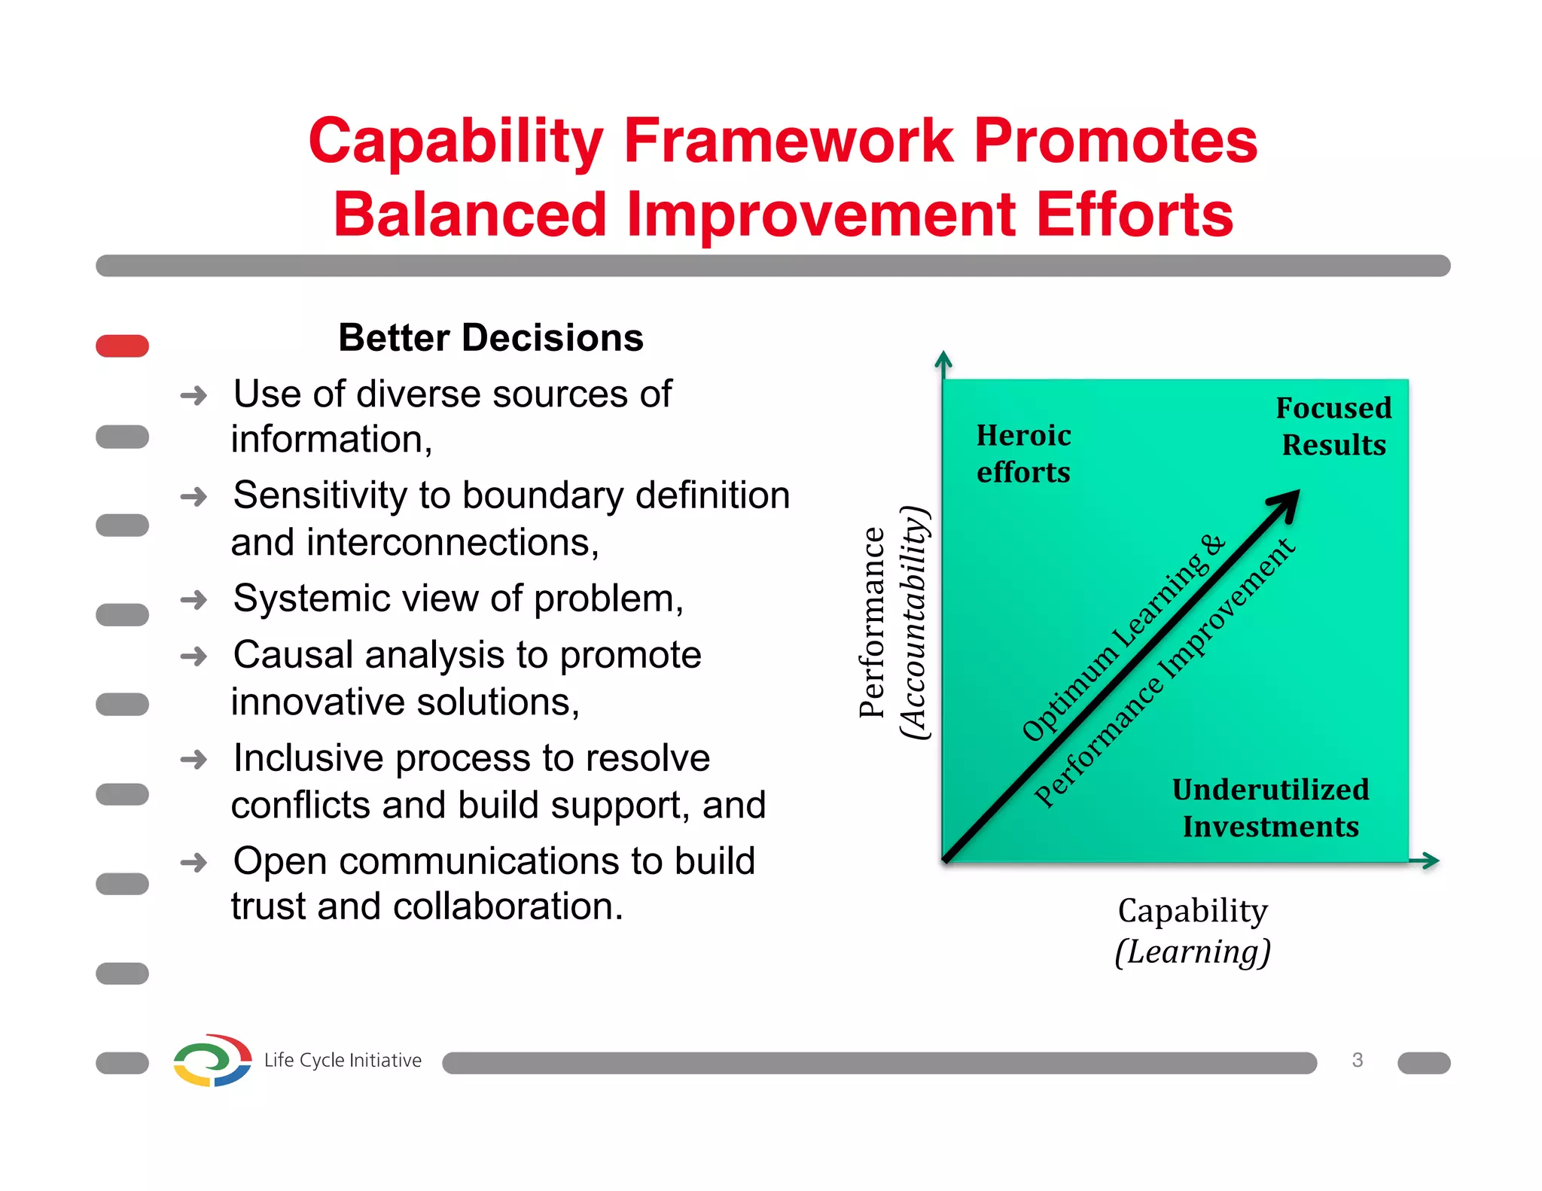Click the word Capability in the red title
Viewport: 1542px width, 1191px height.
pos(456,143)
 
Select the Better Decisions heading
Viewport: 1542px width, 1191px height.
pos(491,338)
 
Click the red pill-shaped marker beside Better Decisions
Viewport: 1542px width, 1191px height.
pos(122,346)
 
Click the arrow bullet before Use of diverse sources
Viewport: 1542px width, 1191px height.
pos(194,396)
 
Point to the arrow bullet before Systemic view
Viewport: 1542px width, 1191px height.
pos(194,600)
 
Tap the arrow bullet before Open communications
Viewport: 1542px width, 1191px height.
pos(194,863)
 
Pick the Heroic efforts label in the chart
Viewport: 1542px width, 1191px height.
pos(1023,453)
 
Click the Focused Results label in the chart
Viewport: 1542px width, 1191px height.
pos(1333,426)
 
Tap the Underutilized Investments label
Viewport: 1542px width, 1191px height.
pos(1270,808)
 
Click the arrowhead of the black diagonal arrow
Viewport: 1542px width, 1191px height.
pos(1288,501)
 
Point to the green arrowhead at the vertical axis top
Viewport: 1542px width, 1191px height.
pos(943,359)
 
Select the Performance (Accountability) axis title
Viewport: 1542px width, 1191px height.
pos(893,623)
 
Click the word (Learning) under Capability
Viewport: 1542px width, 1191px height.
pos(1193,952)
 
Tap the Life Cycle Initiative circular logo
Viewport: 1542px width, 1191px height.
pos(212,1060)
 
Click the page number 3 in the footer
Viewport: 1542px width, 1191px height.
pos(1357,1060)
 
